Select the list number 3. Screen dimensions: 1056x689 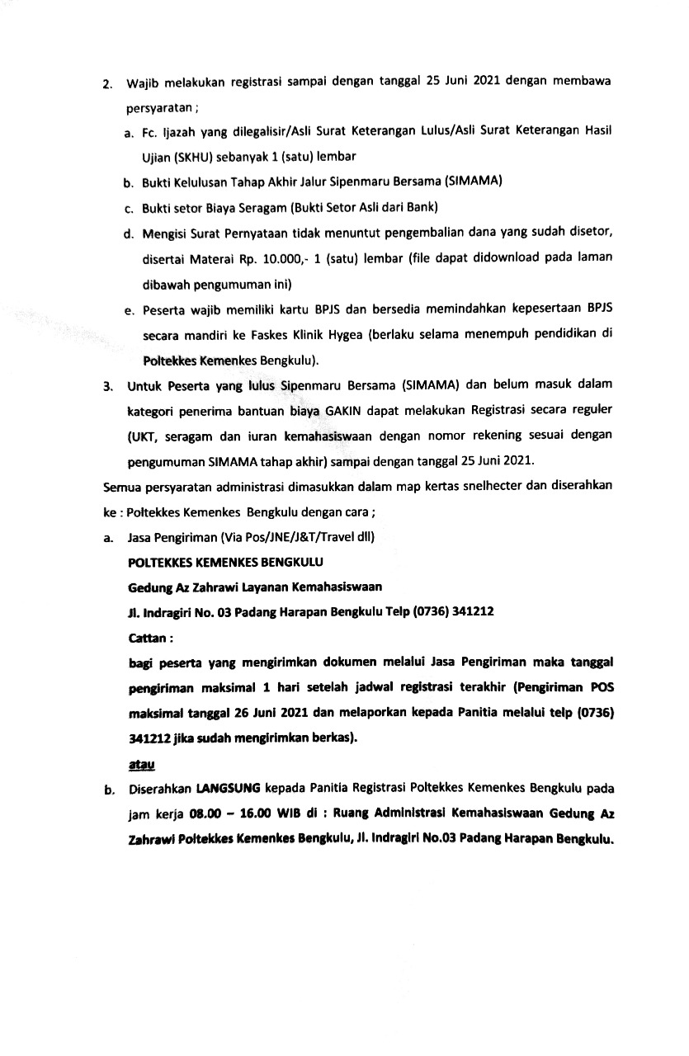pyautogui.click(x=106, y=385)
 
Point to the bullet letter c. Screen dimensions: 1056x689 pyautogui.click(x=130, y=206)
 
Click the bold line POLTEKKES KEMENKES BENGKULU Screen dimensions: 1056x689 pyautogui.click(x=226, y=563)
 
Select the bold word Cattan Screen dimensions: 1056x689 pyautogui.click(x=152, y=639)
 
